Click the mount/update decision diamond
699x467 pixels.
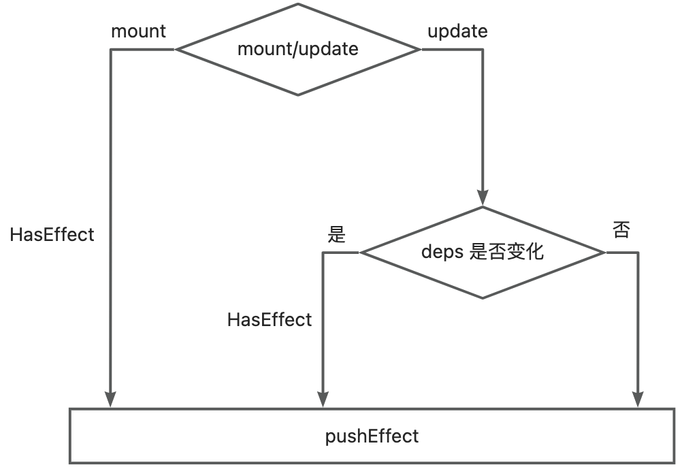[x=297, y=49]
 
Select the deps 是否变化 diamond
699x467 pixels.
[x=483, y=252]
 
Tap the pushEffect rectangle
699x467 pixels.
[x=372, y=436]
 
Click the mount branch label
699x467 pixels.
[x=138, y=31]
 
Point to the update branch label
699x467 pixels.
[x=457, y=31]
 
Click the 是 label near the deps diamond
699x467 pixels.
[x=337, y=235]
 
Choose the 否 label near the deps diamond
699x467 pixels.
[x=621, y=230]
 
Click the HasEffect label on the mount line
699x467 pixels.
[x=52, y=235]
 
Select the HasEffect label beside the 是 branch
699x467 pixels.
[x=270, y=319]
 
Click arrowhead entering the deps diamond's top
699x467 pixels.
[x=483, y=198]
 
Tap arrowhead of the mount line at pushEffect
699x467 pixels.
[x=110, y=400]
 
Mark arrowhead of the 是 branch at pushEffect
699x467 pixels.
[x=323, y=400]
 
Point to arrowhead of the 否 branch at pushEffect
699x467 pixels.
[x=638, y=400]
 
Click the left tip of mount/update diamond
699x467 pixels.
[x=177, y=49]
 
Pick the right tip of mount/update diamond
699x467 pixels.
[x=419, y=49]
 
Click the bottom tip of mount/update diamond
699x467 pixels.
[x=297, y=95]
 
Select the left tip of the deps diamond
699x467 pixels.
[x=361, y=252]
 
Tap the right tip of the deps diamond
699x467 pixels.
[x=604, y=252]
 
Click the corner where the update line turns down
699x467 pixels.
[x=483, y=49]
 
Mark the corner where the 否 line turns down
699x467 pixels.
[x=638, y=253]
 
